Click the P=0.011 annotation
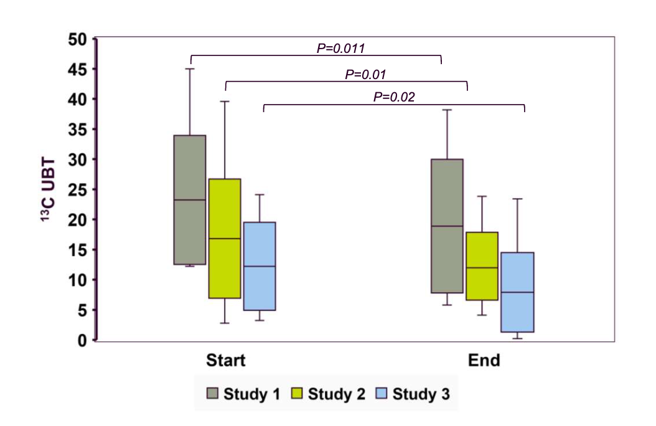[x=340, y=48]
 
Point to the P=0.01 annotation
[x=366, y=74]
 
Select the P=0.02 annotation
[x=394, y=97]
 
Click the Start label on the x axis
[x=226, y=361]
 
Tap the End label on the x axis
[x=484, y=361]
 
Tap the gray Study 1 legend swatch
[x=212, y=394]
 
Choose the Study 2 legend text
[x=336, y=394]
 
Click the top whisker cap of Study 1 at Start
[x=190, y=69]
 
